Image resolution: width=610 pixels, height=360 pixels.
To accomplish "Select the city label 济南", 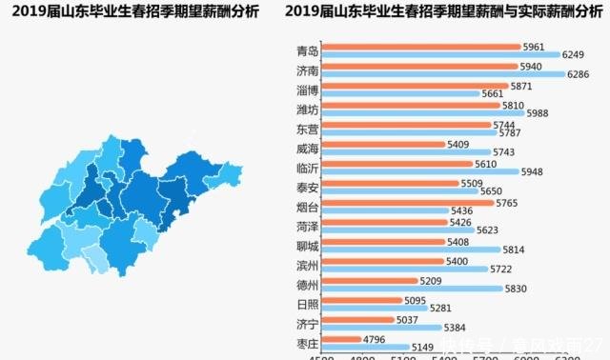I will [x=307, y=70].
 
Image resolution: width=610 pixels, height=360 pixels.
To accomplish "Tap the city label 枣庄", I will [x=307, y=344].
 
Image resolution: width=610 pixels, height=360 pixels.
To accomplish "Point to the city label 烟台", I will [x=307, y=207].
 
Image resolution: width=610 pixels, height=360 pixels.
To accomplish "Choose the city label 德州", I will [x=307, y=285].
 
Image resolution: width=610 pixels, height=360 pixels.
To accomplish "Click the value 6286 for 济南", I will [x=580, y=74].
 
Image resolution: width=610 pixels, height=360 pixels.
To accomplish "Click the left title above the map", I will [x=128, y=12].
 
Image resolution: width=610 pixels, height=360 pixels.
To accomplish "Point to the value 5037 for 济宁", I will [x=407, y=319].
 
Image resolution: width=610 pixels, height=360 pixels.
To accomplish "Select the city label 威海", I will [x=307, y=149].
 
